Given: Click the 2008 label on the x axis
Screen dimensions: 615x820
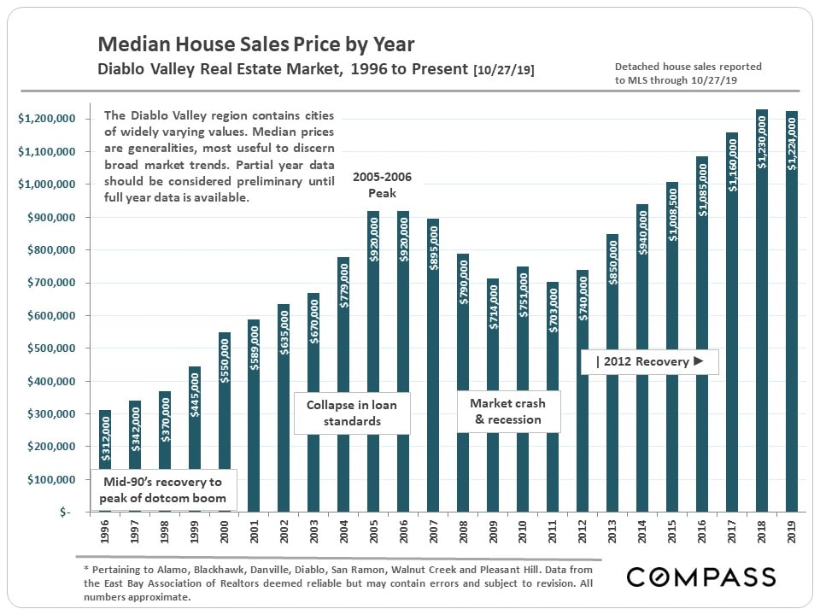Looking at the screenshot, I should [x=464, y=535].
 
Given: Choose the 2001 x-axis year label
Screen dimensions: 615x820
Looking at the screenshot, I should [x=255, y=535].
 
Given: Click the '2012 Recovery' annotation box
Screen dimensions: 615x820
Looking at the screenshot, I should [x=649, y=361].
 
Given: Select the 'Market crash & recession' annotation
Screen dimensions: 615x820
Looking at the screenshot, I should [x=508, y=411].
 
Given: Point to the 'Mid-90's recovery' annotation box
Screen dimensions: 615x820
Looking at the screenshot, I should [x=162, y=490].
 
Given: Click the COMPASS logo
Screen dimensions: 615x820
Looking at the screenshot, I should [x=701, y=577].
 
